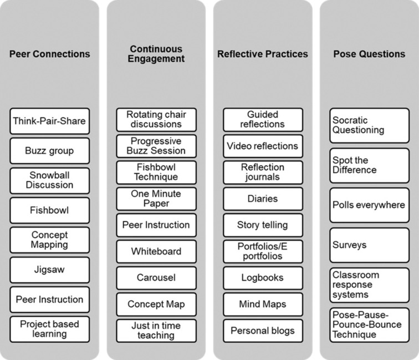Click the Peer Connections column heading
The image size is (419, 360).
[49, 54]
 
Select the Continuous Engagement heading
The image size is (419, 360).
[156, 54]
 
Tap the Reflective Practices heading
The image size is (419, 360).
[263, 54]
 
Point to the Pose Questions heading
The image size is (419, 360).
[369, 54]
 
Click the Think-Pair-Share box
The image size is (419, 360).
[49, 120]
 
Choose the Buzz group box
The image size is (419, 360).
[49, 150]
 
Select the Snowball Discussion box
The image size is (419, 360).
[49, 180]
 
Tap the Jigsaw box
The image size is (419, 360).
[49, 270]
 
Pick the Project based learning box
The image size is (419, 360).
[49, 329]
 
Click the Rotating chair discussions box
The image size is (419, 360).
[156, 119]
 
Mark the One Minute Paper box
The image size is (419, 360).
[156, 199]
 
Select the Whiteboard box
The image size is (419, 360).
[156, 251]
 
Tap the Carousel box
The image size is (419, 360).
[156, 278]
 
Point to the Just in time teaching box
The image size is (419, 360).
[156, 330]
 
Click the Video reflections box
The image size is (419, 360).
[263, 146]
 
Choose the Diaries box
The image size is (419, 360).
[263, 199]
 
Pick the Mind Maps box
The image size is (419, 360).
[263, 304]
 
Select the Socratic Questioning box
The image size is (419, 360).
[369, 125]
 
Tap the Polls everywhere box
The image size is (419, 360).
[369, 205]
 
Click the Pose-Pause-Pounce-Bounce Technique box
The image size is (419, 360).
[369, 324]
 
